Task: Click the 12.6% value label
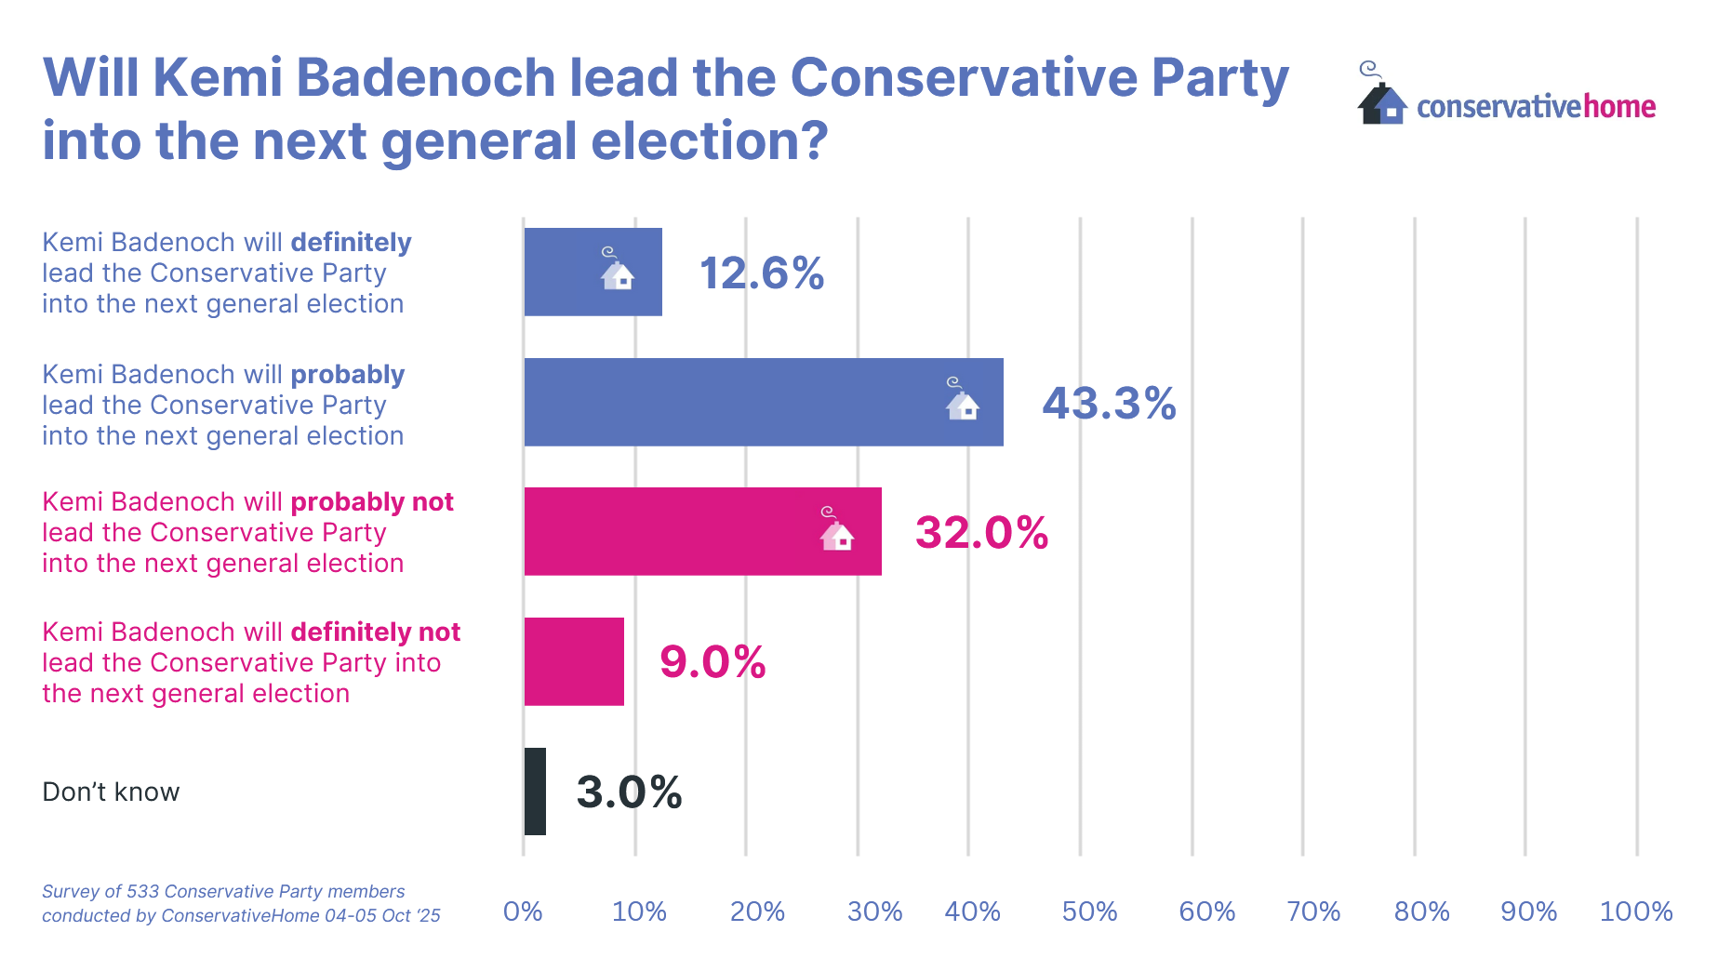[x=761, y=273]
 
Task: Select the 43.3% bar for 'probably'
[x=763, y=402]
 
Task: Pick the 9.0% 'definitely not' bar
[x=574, y=661]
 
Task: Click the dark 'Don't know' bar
[x=535, y=792]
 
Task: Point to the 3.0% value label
[x=629, y=792]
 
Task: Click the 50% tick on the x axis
[x=1089, y=911]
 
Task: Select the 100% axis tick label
[x=1635, y=911]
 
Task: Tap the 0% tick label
[x=523, y=911]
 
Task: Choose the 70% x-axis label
[x=1312, y=911]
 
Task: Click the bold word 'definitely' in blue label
[x=351, y=243]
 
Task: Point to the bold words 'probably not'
[x=372, y=502]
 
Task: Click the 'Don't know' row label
[x=111, y=792]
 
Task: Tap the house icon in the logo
[x=1381, y=100]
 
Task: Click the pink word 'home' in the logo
[x=1619, y=107]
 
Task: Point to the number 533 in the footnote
[x=142, y=892]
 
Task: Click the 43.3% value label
[x=1109, y=404]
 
